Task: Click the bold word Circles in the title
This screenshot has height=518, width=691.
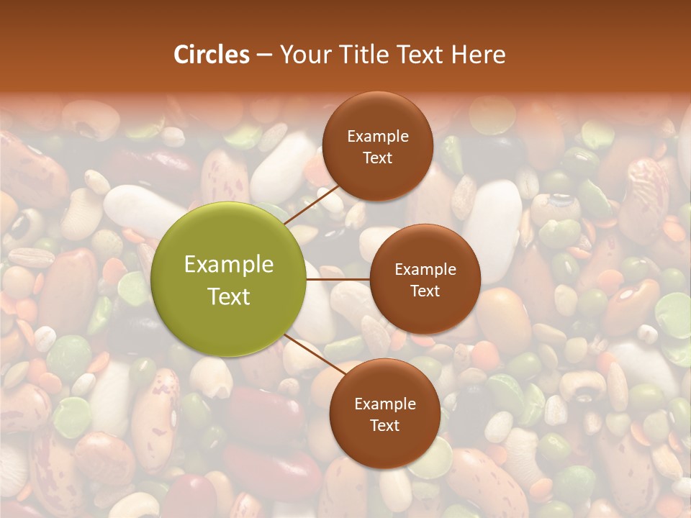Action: coord(212,55)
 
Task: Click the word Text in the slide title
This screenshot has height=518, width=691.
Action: coord(422,55)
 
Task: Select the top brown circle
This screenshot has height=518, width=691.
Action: coord(377,147)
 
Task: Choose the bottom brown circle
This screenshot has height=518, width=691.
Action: coord(384,414)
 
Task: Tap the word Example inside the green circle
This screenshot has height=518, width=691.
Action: coord(229,265)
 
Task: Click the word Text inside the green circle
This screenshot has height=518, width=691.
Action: coord(229,296)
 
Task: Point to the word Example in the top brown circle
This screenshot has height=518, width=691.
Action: coord(378,137)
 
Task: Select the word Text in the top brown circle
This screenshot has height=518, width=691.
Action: coord(378,158)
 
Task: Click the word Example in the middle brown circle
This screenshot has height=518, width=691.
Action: coord(425,270)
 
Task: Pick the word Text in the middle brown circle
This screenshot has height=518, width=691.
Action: coord(425,291)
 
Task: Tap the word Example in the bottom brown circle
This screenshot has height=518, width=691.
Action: coord(385,404)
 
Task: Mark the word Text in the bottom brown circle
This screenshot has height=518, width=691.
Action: coord(385,426)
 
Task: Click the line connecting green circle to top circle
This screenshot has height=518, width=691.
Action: coord(311,204)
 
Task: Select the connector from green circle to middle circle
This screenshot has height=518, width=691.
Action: coord(338,278)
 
